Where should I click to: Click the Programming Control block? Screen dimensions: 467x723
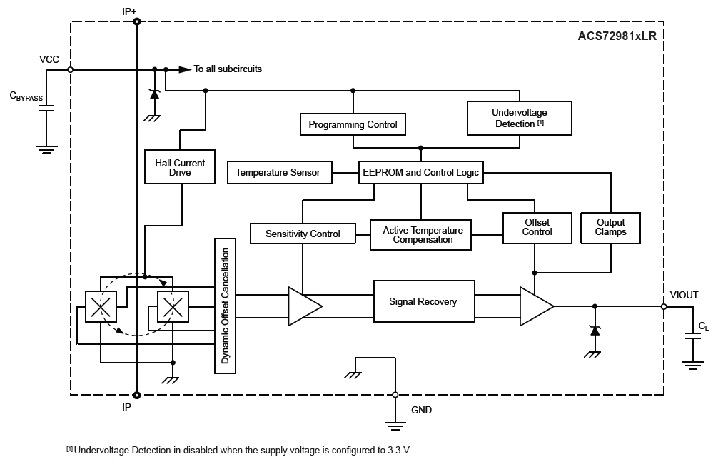point(353,124)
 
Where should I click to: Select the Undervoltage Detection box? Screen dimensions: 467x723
point(519,118)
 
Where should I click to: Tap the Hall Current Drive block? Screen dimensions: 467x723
point(180,167)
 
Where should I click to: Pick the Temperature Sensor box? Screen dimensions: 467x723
point(279,172)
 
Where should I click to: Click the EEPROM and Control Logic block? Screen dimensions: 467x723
point(420,172)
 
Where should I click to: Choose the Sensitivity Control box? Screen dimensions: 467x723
point(303,233)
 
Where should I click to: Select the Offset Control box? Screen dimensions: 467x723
point(537,227)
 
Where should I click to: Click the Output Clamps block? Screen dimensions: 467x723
point(611,227)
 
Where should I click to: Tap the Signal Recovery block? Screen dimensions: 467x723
point(423,301)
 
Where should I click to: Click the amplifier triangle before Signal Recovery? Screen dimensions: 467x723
point(303,306)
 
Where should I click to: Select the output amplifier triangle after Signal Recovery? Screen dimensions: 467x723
point(535,306)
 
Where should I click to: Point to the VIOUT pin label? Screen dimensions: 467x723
point(684,295)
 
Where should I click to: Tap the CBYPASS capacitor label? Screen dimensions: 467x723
point(26,95)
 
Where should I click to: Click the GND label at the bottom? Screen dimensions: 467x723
point(422,410)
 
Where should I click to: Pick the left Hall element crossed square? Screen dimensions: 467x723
point(101,307)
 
